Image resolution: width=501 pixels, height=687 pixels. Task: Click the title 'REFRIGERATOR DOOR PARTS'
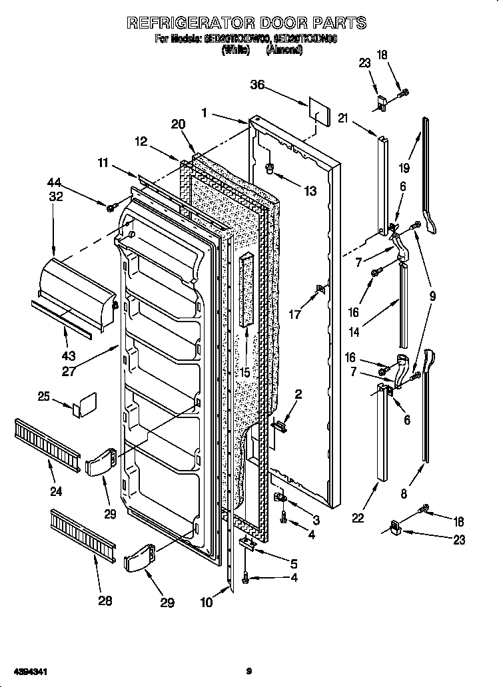click(247, 23)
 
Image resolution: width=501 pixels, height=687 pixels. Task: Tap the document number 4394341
click(25, 671)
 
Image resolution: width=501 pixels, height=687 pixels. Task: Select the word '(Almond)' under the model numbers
click(284, 50)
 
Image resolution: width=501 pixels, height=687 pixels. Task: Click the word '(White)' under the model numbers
click(235, 50)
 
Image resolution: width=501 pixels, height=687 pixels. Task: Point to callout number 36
click(258, 85)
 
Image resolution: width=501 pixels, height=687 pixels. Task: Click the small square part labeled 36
click(318, 114)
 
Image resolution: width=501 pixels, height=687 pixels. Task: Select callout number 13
click(310, 192)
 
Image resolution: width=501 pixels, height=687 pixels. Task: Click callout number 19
click(405, 168)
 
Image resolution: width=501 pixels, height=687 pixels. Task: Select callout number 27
click(69, 371)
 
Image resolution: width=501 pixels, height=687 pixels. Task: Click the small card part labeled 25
click(85, 405)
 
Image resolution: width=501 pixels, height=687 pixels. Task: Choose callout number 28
click(105, 601)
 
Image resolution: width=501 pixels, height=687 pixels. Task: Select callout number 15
click(245, 373)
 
